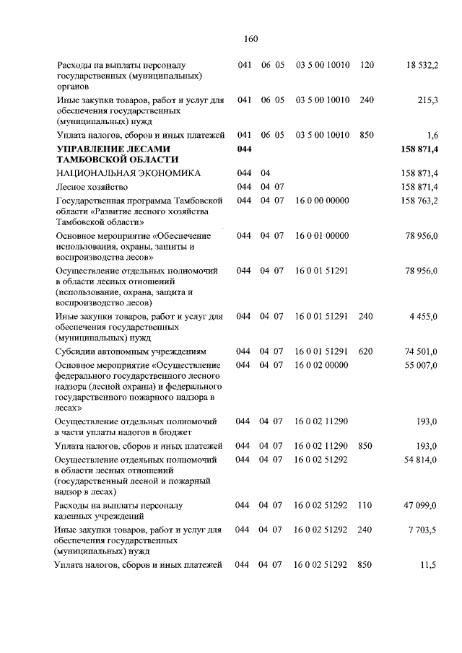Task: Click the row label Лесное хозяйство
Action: pos(87,187)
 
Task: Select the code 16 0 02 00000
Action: pos(322,365)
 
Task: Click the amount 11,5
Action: pos(429,565)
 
